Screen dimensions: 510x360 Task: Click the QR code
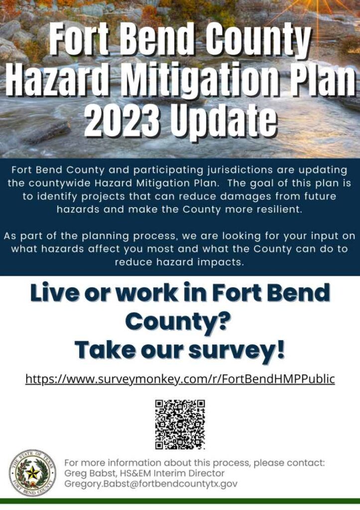[x=180, y=424]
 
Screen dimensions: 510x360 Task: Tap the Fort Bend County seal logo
[x=32, y=473]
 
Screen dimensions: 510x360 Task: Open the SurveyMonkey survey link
[x=180, y=379]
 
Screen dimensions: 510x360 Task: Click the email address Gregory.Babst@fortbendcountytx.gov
[x=151, y=484]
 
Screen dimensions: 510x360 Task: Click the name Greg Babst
[x=85, y=473]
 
